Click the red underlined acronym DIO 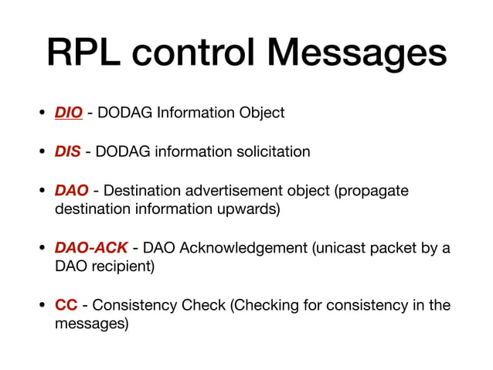[x=69, y=113]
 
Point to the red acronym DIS [x=68, y=151]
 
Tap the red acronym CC [x=66, y=305]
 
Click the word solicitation [x=270, y=151]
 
